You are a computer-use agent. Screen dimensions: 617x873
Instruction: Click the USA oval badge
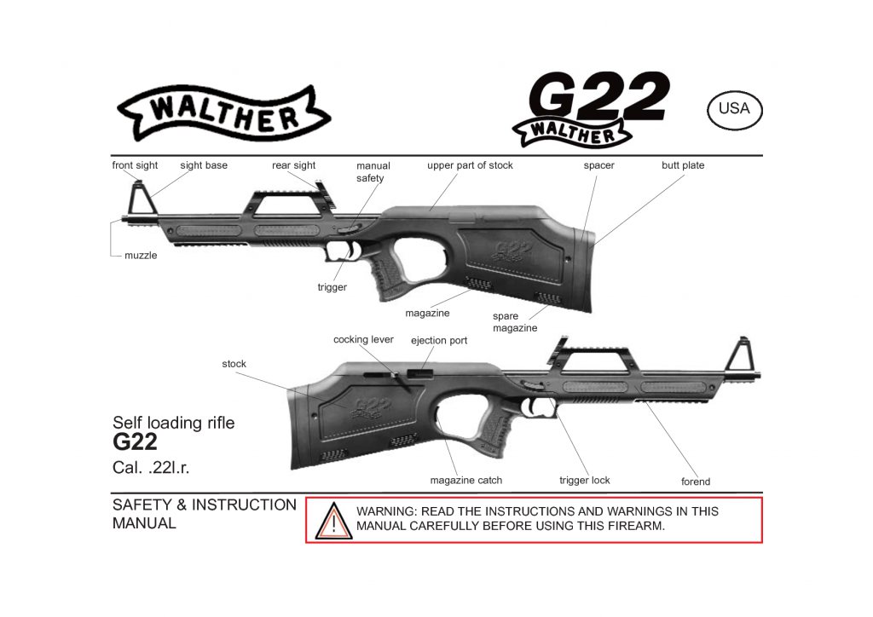click(x=734, y=108)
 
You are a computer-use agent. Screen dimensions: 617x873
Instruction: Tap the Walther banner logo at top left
click(x=223, y=113)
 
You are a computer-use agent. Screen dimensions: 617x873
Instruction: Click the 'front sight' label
click(x=135, y=165)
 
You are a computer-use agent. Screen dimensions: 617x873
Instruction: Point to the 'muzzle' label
click(x=141, y=255)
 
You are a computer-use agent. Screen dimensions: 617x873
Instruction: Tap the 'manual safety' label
click(x=373, y=172)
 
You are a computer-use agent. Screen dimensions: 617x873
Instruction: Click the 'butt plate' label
click(x=683, y=165)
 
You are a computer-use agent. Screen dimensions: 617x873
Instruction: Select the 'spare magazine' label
click(x=515, y=322)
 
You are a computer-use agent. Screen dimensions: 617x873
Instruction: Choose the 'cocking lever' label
click(x=363, y=339)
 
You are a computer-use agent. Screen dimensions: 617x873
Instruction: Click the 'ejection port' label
click(x=439, y=340)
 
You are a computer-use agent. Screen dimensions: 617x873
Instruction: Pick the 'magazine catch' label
click(x=465, y=480)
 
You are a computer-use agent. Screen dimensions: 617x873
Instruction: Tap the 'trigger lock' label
click(x=585, y=480)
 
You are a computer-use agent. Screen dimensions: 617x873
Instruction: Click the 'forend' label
click(x=696, y=481)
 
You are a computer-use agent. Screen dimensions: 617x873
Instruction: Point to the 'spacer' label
click(x=598, y=165)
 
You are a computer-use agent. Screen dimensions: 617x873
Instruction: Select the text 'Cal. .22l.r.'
click(x=151, y=468)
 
